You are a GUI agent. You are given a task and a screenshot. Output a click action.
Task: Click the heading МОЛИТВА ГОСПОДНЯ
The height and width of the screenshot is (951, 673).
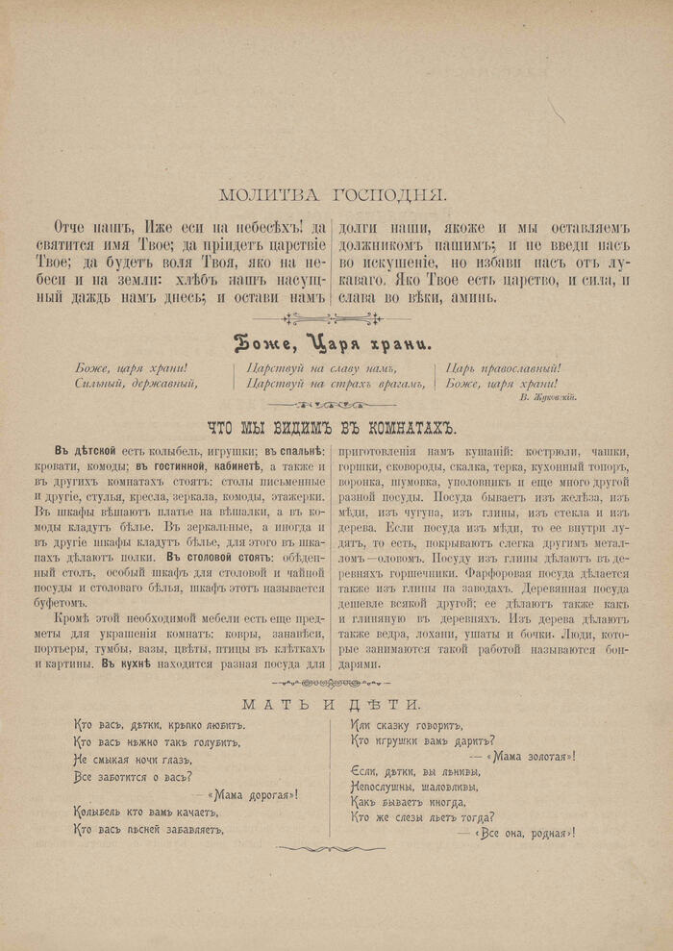pos(333,195)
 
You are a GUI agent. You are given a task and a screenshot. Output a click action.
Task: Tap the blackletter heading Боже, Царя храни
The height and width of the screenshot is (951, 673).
pos(333,342)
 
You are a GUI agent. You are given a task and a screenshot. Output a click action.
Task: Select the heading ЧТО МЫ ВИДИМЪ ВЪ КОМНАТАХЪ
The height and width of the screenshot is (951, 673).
pos(332,428)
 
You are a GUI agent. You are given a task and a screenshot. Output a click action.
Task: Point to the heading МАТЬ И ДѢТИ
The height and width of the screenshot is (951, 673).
pos(332,703)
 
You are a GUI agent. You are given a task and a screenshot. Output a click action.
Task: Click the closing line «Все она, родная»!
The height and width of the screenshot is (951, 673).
pos(523,832)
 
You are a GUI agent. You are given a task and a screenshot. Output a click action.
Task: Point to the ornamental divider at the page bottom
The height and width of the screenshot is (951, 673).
pos(332,849)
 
